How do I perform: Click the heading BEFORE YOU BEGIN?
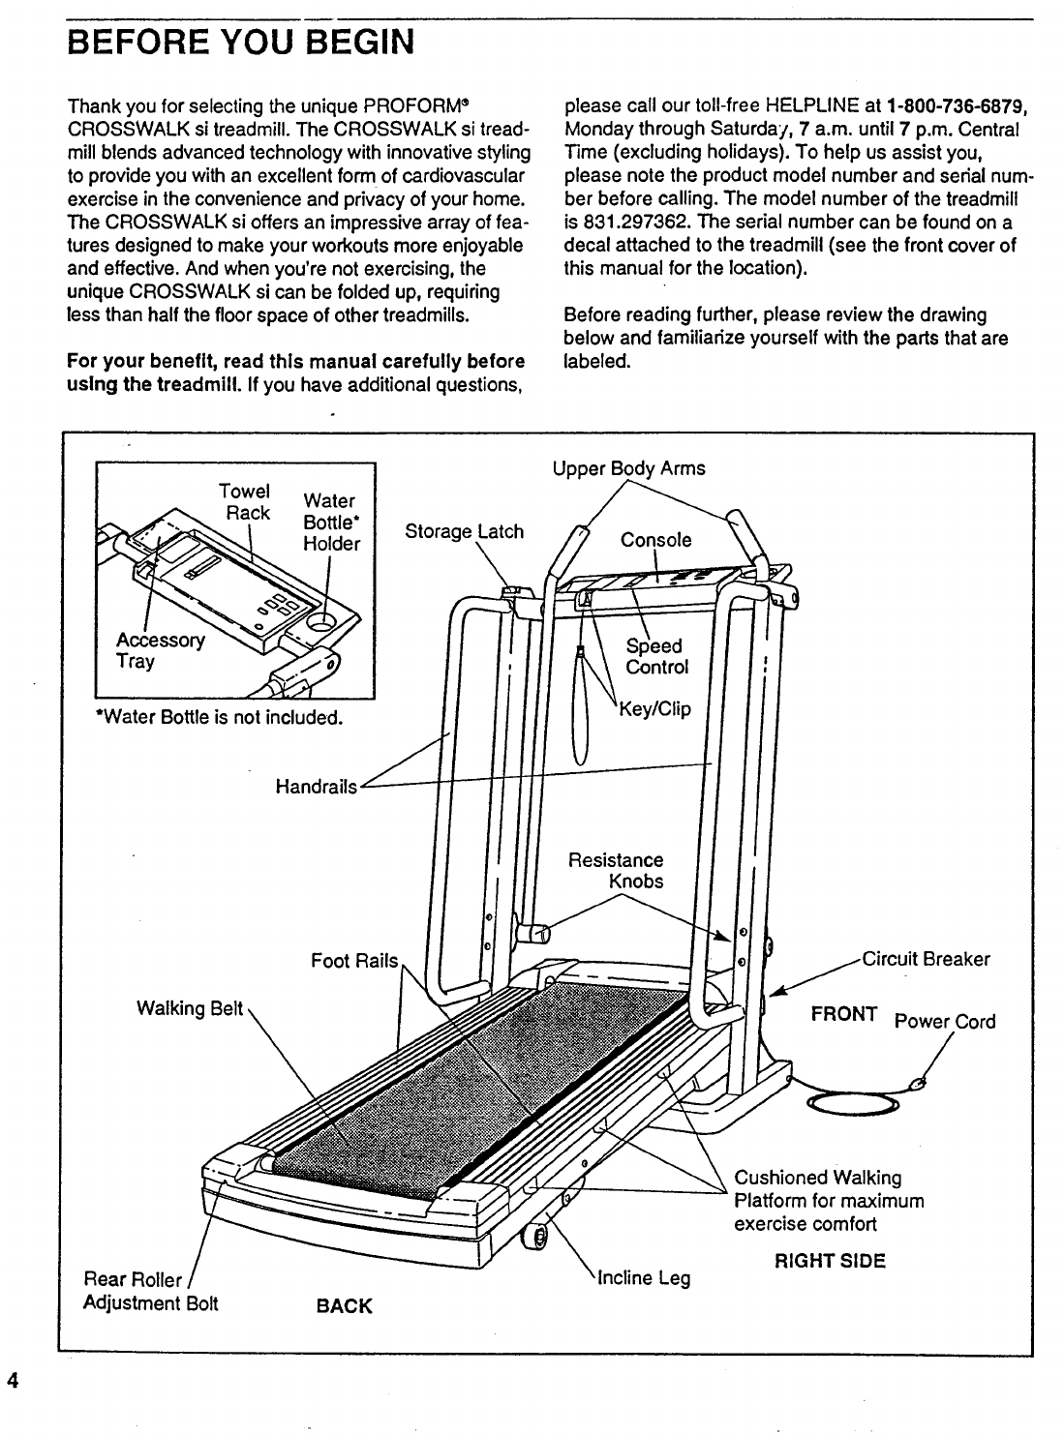coord(240,43)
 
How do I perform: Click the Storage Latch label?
coord(464,531)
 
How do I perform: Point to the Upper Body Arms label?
coord(628,468)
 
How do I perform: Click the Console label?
coord(655,540)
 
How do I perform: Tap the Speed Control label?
coord(656,656)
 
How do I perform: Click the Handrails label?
coord(317,787)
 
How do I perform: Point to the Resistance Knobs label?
coord(617,871)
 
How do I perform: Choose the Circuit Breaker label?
coord(926,959)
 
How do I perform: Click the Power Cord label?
coord(944,1021)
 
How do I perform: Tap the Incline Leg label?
coord(644,1278)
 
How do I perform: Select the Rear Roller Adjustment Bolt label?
coord(151,1292)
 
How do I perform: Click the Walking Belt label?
coord(189,1008)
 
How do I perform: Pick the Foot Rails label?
coord(354,961)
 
